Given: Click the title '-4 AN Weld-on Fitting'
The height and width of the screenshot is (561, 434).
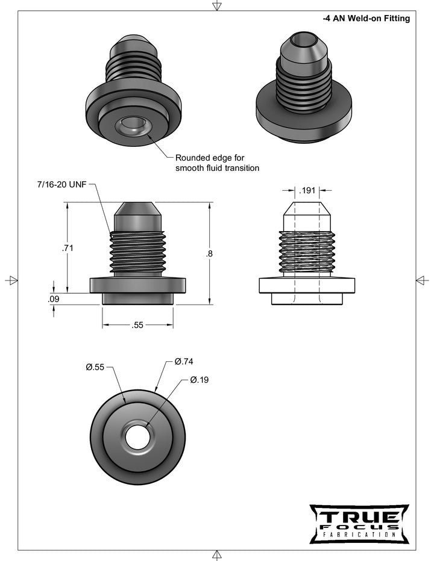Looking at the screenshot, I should [x=366, y=19].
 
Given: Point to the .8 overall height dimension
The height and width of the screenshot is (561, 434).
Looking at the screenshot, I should [x=209, y=253].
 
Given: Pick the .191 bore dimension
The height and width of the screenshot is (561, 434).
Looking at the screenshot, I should [x=307, y=191].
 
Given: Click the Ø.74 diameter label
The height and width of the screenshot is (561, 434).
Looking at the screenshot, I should [x=184, y=361].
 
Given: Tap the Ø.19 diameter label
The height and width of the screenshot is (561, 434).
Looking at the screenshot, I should [x=199, y=380].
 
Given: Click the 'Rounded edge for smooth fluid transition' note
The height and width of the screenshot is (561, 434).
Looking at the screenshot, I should [x=217, y=163].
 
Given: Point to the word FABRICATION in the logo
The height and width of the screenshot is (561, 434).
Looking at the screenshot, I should [x=359, y=535].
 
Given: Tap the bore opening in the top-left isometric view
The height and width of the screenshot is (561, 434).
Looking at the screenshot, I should [x=132, y=127].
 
